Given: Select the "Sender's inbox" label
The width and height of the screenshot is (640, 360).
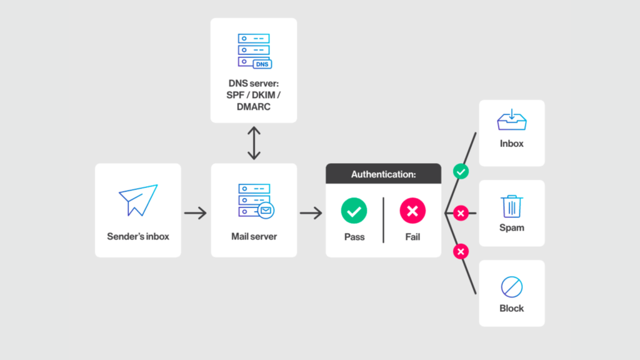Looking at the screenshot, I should [x=138, y=236].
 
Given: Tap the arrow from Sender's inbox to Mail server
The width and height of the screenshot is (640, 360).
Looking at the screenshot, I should [x=196, y=213].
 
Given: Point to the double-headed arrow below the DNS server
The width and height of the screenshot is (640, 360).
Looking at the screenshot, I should [x=253, y=143].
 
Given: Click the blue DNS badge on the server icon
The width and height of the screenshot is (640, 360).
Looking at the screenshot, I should [x=263, y=64].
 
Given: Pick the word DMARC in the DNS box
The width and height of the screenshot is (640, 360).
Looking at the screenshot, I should [x=253, y=106].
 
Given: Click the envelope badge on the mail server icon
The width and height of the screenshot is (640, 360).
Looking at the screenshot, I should [x=266, y=211].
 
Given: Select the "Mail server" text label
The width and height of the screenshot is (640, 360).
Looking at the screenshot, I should [x=254, y=236].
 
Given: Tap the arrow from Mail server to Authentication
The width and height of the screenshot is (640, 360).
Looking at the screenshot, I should [x=311, y=213].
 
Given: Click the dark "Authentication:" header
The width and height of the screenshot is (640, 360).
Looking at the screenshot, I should [x=383, y=174].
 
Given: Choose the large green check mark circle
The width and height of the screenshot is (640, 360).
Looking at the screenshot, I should [x=354, y=211].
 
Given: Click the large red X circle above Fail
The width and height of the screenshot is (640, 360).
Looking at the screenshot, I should [x=412, y=211].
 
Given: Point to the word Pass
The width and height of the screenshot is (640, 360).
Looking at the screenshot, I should [x=354, y=237].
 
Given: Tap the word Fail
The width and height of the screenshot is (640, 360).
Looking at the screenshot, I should [x=412, y=237].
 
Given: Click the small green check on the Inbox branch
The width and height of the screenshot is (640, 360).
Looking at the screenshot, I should [x=461, y=171].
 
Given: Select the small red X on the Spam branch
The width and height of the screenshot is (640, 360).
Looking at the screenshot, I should [x=461, y=214].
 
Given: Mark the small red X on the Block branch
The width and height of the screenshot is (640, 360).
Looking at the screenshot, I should [x=461, y=252].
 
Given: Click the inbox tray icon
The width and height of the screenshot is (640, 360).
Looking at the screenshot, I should [x=512, y=120].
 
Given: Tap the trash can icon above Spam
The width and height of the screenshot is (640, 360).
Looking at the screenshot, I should [x=512, y=206].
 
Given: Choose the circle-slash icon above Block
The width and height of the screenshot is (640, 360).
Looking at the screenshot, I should [x=512, y=287].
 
